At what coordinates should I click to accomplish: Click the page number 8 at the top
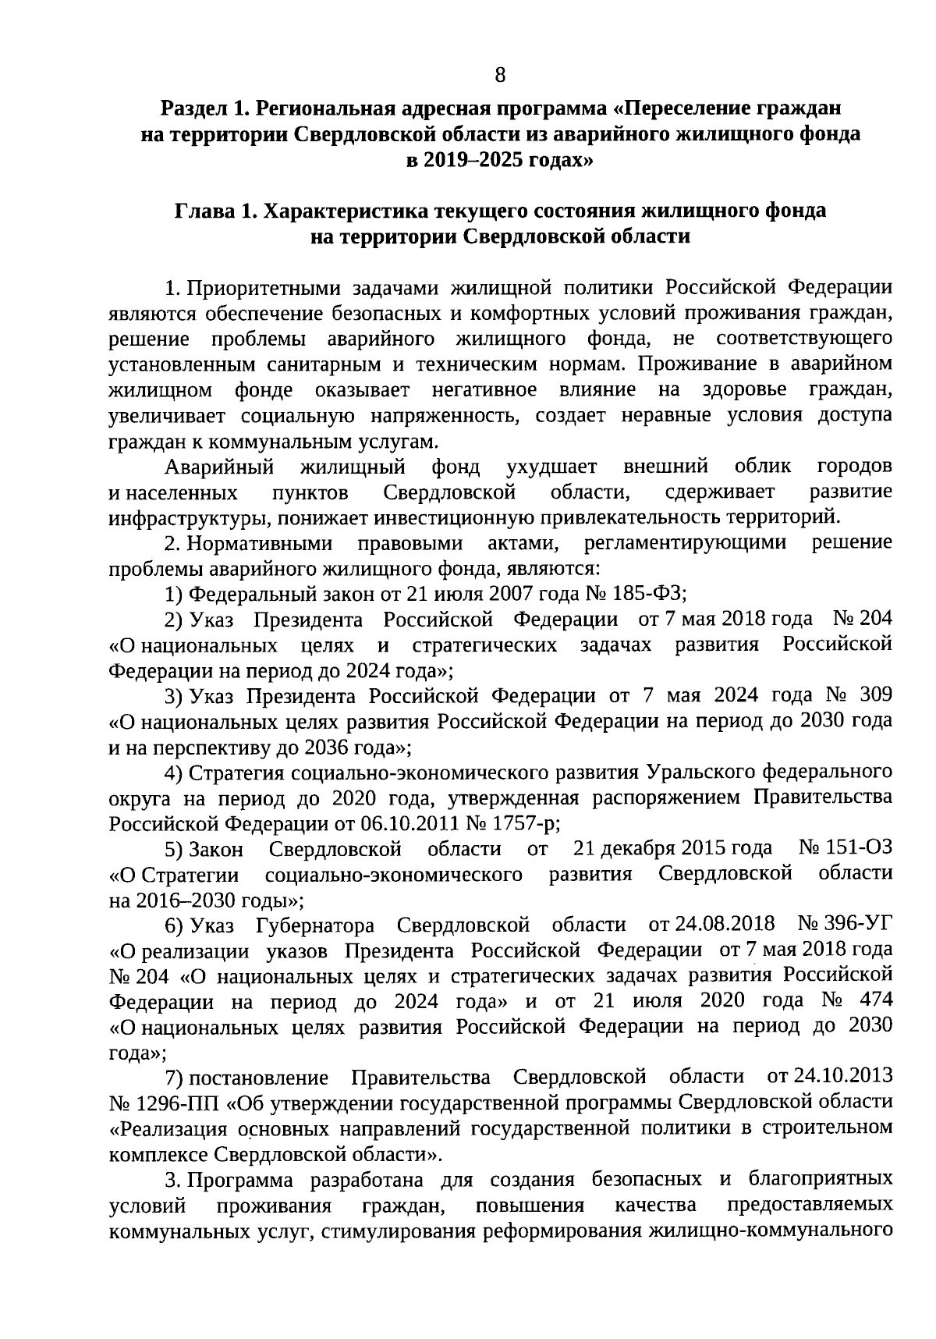[500, 75]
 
